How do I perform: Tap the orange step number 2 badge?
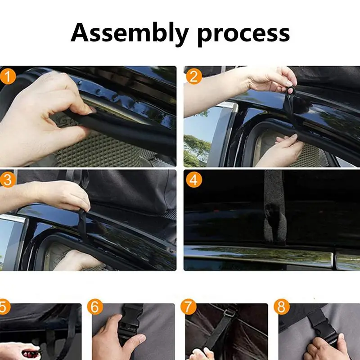193,76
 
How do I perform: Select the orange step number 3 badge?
8,179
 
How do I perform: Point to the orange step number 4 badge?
193,180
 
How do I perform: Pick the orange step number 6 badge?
95,308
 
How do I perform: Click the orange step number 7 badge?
189,308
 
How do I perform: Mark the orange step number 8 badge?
282,308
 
